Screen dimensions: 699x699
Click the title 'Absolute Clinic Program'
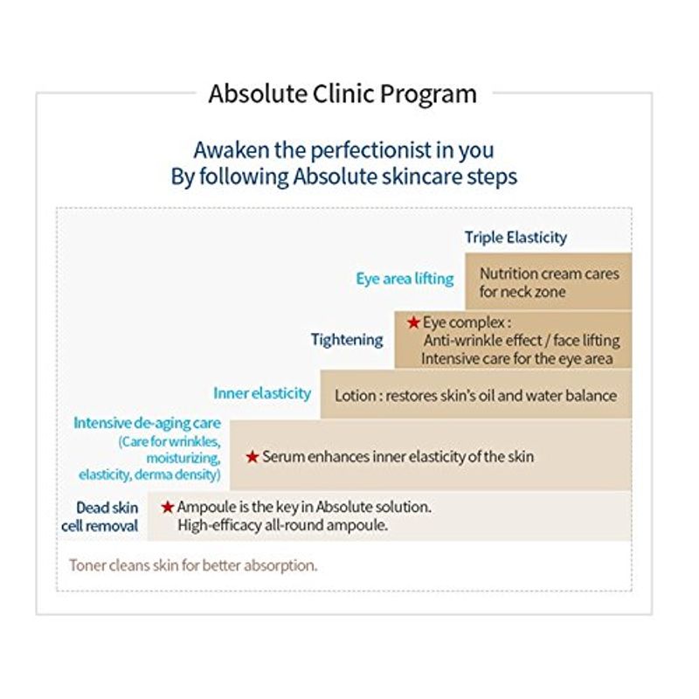[x=343, y=94]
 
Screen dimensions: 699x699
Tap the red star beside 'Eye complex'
[x=413, y=322]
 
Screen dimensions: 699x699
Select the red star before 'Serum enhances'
[x=253, y=457]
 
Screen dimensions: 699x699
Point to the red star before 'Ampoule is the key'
[x=168, y=507]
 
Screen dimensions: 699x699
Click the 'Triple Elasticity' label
[x=516, y=238]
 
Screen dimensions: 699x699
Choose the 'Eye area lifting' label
[x=405, y=279]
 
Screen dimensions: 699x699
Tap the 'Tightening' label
[x=347, y=340]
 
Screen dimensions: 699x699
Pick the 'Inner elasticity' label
[x=262, y=393]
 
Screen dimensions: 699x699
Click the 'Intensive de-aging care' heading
[x=147, y=423]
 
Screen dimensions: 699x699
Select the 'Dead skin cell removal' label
[x=100, y=516]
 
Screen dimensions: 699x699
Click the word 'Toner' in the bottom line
[x=87, y=565]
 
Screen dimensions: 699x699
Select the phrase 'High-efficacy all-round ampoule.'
[x=282, y=525]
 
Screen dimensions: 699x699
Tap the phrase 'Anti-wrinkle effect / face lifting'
[x=522, y=341]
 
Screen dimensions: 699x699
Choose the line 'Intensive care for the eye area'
[x=517, y=359]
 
